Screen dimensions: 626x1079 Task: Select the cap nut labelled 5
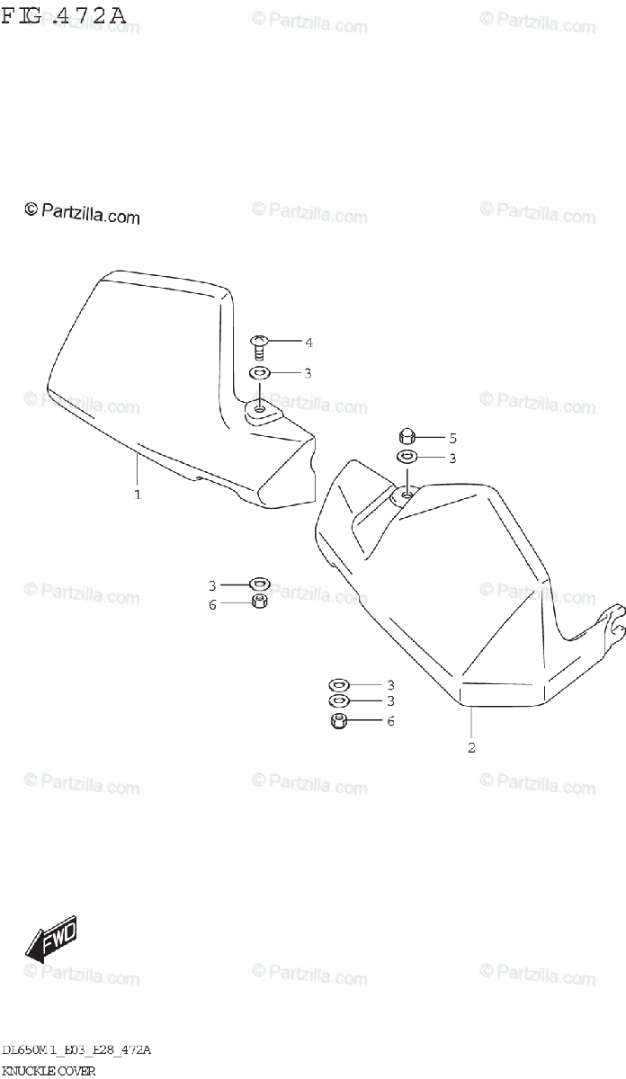[407, 438]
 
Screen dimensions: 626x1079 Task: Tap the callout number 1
[137, 494]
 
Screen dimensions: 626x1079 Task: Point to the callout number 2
[470, 746]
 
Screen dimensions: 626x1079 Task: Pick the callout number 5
[452, 439]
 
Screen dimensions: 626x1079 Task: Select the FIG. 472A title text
[63, 16]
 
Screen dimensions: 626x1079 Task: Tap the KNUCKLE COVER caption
[48, 1070]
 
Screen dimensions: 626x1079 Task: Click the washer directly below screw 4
[259, 373]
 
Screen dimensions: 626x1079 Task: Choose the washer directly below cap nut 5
[407, 459]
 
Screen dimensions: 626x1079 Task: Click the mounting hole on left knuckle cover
[260, 409]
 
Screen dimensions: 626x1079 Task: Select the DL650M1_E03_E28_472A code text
[76, 1050]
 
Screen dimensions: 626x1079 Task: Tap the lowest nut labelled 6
[340, 720]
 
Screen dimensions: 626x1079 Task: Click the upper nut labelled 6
[259, 602]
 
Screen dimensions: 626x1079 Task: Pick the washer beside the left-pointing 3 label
[259, 585]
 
